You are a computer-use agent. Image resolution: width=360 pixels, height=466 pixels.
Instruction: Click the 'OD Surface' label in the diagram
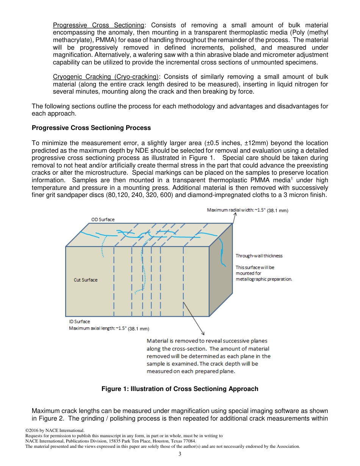[x=103, y=219]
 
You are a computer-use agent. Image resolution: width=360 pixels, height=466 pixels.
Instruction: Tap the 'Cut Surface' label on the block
[x=85, y=280]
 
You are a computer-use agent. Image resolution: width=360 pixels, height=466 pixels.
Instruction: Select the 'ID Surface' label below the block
[x=79, y=322]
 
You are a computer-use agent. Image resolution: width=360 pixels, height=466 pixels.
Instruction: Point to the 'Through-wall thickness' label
[x=259, y=256]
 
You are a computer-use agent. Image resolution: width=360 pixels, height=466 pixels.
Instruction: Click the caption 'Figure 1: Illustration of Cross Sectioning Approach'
[x=180, y=389]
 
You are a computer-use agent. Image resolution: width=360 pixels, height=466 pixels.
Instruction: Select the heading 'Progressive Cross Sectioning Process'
[x=91, y=128]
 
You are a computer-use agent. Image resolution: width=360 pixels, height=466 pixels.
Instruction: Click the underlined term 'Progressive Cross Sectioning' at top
[x=99, y=25]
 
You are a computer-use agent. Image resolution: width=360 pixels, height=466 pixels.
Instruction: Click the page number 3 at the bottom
[x=180, y=454]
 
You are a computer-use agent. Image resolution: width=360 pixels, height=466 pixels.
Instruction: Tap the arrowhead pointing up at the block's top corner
[x=235, y=215]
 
